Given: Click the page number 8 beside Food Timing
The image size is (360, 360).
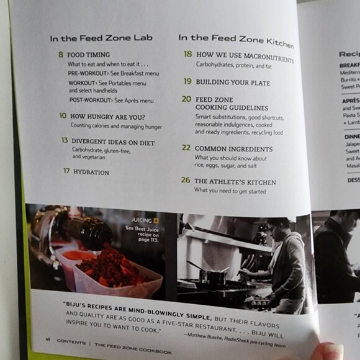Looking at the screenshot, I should (61, 55).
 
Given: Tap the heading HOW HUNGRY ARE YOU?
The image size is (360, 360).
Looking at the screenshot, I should (107, 117).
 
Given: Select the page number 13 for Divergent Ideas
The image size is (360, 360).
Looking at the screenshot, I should (65, 140).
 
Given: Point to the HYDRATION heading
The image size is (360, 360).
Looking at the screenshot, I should (91, 172).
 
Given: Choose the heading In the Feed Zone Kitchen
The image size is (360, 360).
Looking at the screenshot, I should (236, 39).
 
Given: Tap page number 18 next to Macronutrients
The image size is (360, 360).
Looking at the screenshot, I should (187, 54).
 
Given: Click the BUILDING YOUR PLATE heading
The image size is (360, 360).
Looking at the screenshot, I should (228, 82).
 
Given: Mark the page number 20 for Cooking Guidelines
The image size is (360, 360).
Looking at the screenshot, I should (186, 99).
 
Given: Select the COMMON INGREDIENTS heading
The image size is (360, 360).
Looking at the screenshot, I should (233, 149).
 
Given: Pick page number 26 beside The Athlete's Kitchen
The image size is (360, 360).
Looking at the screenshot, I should (186, 180).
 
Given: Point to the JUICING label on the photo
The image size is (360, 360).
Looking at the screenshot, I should (142, 220).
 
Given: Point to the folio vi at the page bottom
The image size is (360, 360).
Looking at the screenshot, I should (47, 340).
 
